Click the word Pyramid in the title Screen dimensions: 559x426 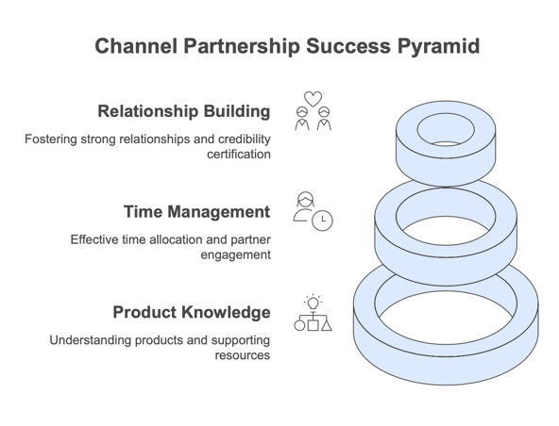coord(438,46)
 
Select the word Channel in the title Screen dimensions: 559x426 coord(136,46)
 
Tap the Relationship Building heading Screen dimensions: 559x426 coord(184,111)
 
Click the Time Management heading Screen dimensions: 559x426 coord(196,212)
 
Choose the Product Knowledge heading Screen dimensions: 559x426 coord(192,312)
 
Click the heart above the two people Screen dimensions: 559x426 coord(313,99)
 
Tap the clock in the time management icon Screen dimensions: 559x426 coord(322,221)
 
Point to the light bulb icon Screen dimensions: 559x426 coord(313,303)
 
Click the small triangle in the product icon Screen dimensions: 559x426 coord(326,325)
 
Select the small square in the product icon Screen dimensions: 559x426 coord(313,325)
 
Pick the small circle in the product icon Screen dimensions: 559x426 coord(299,325)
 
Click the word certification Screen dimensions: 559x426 coord(239,155)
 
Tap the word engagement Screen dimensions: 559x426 coord(236,255)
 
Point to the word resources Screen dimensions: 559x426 coord(243,355)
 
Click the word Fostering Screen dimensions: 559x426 coord(51,139)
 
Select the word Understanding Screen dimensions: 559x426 coord(91,340)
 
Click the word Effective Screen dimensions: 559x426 coord(94,239)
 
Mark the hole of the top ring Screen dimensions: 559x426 coord(446,129)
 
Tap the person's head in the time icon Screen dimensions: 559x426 coord(306,200)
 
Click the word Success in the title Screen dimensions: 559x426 coord(348,46)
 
